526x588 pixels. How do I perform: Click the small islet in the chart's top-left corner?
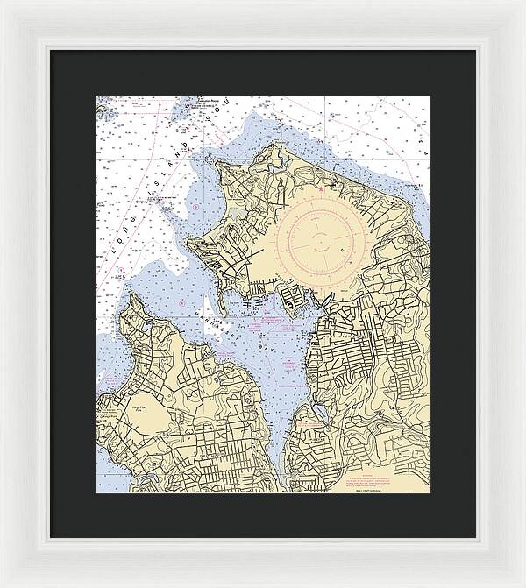[x=103, y=111]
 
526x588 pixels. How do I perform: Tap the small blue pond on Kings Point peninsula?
[x=146, y=324]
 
